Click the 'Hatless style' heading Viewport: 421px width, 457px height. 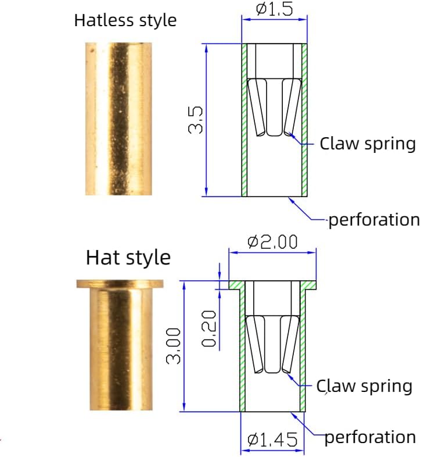click(125, 20)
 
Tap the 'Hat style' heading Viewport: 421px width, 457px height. click(128, 258)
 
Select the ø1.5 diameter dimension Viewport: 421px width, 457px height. click(274, 9)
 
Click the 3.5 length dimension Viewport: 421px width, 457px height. click(195, 120)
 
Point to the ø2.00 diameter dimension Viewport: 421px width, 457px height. click(272, 242)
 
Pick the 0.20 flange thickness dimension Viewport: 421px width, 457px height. click(208, 329)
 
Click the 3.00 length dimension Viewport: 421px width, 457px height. click(173, 346)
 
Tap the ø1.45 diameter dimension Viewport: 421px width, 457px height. click(272, 440)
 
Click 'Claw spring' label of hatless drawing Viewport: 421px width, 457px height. click(368, 144)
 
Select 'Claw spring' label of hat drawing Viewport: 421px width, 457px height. click(364, 386)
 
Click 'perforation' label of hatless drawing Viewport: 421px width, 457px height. click(374, 220)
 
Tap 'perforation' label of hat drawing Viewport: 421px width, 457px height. click(370, 437)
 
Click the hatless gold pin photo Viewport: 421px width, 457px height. click(118, 119)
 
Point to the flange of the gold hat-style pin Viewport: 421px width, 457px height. click(120, 284)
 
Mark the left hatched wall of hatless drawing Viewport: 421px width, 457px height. click(244, 120)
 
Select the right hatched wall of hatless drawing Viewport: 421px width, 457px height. click(304, 120)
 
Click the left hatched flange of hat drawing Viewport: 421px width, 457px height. click(236, 285)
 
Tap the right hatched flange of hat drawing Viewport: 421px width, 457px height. click(308, 285)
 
